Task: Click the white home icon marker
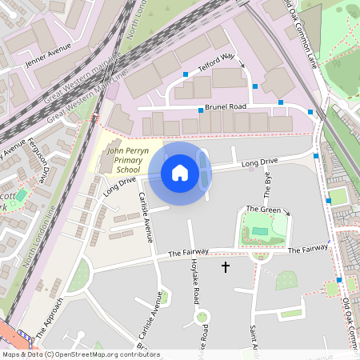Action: click(180, 173)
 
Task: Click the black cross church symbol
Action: click(225, 266)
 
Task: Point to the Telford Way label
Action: click(216, 63)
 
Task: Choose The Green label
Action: click(263, 210)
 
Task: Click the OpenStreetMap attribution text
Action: click(80, 354)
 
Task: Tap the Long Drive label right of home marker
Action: click(258, 164)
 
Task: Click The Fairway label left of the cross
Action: click(188, 253)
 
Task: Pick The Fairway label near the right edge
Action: click(307, 250)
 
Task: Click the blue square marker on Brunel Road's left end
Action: click(200, 110)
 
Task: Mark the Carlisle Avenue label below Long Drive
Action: click(144, 217)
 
